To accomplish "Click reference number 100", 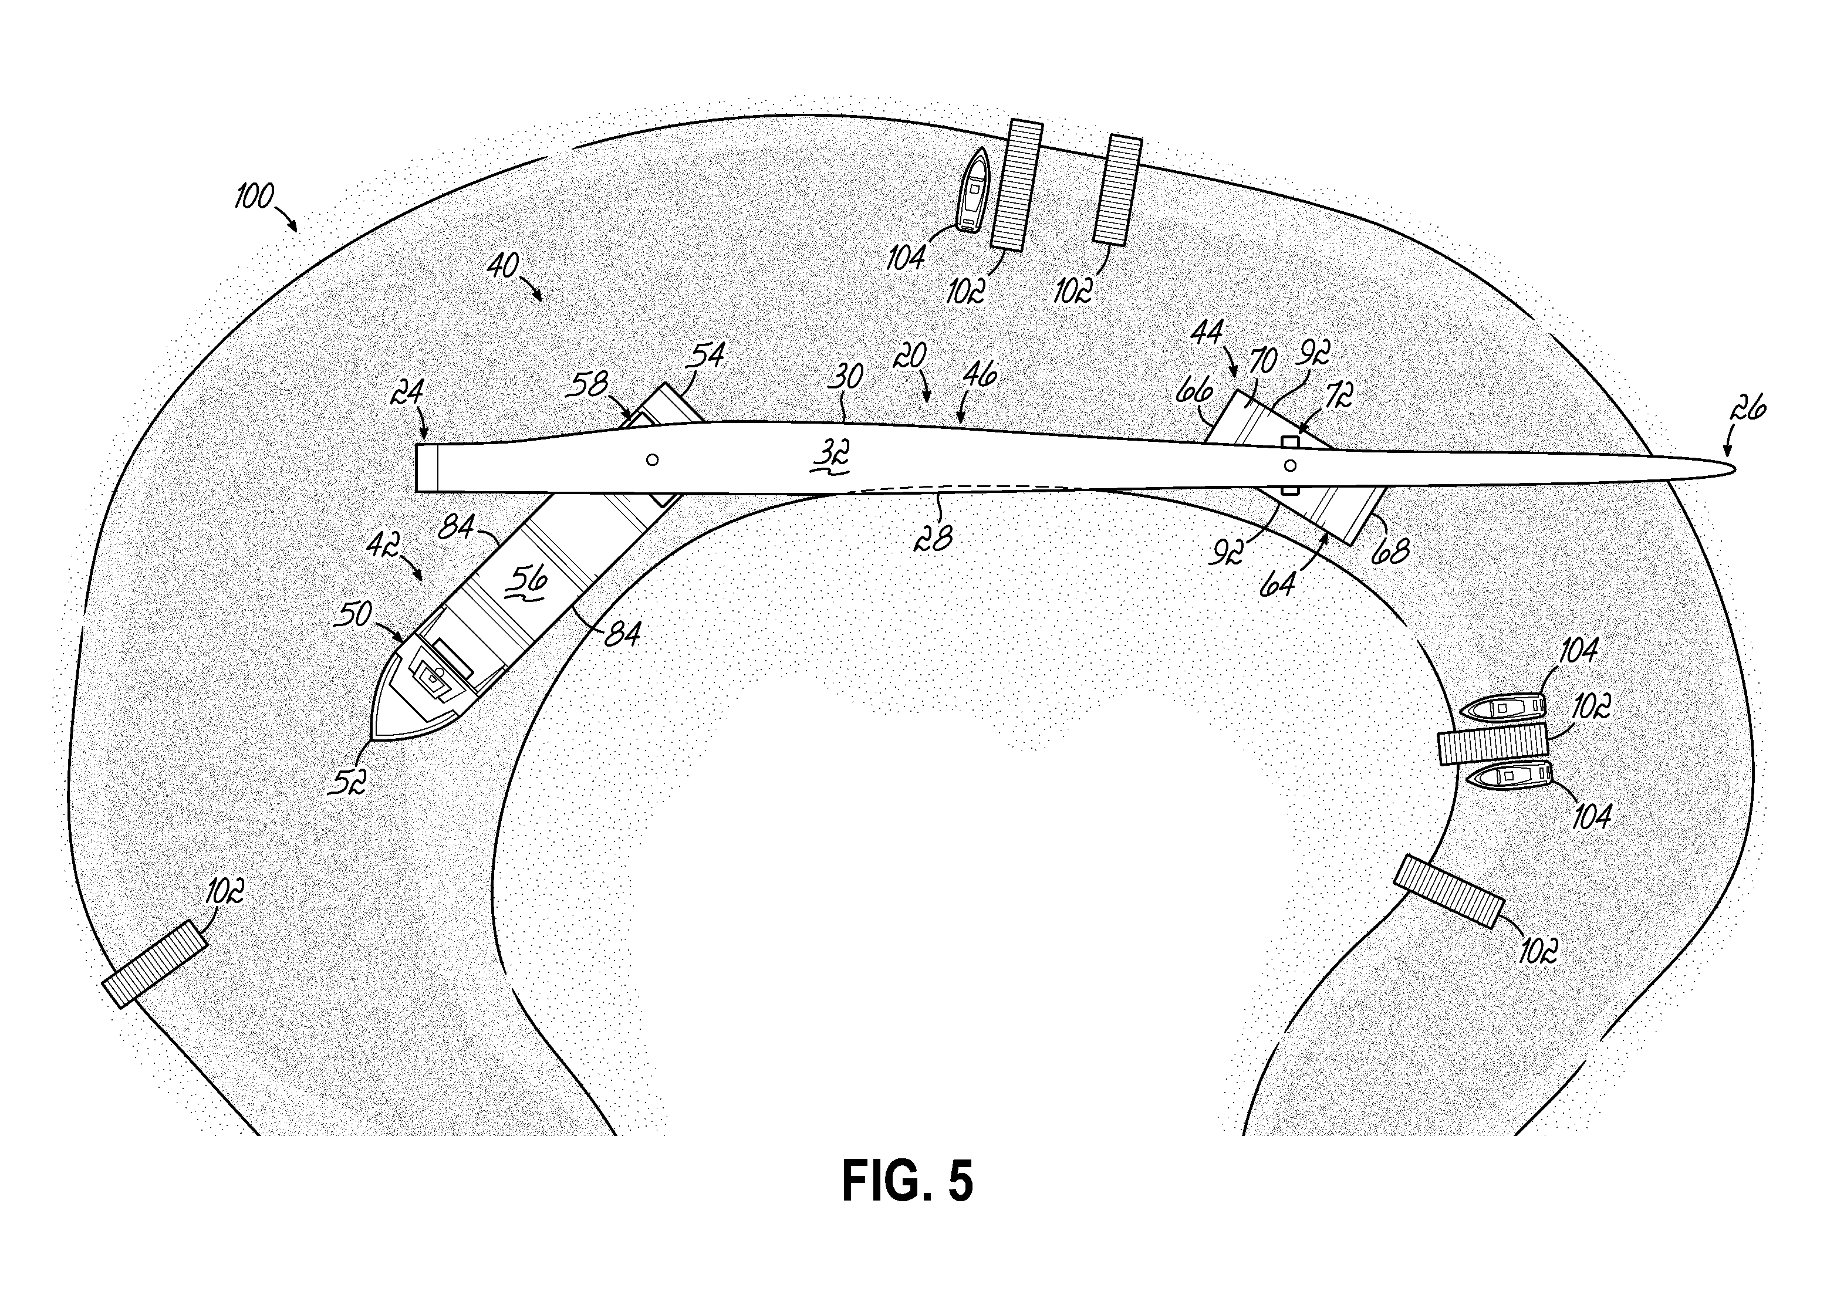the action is [x=254, y=196].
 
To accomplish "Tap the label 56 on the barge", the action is [x=531, y=579].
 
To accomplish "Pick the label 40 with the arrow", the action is [x=503, y=265].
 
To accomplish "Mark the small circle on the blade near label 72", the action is [x=1290, y=465].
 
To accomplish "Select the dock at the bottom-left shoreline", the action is [x=155, y=963].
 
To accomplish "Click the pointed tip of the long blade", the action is [x=1735, y=469].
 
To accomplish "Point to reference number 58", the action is [x=587, y=385].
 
